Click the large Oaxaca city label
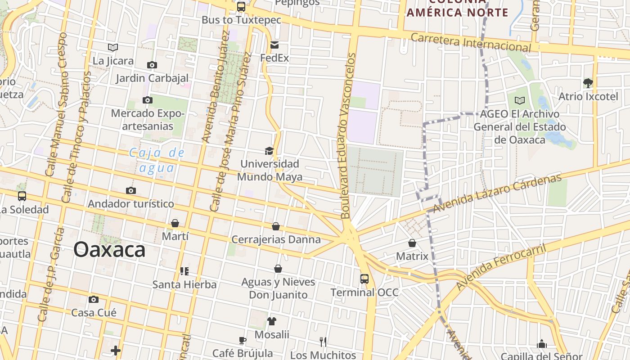coord(109,250)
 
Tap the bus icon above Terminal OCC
coord(364,279)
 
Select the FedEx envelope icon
coord(274,45)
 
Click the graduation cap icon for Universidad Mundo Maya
coord(269,151)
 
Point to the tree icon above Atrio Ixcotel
coord(588,83)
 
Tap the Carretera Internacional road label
coord(471,41)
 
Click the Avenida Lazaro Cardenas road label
coord(497,193)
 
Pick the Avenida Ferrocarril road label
coord(501,267)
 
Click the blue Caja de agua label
coord(157,160)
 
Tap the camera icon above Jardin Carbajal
coord(152,65)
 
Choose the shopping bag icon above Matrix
coord(412,243)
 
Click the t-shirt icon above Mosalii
coord(272,321)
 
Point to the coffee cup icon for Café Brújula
coord(243,340)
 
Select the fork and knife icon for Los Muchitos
coord(323,342)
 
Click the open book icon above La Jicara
coord(113,47)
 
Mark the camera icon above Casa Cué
coord(94,300)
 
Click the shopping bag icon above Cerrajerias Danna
coord(276,226)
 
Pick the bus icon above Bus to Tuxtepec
coord(241,7)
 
